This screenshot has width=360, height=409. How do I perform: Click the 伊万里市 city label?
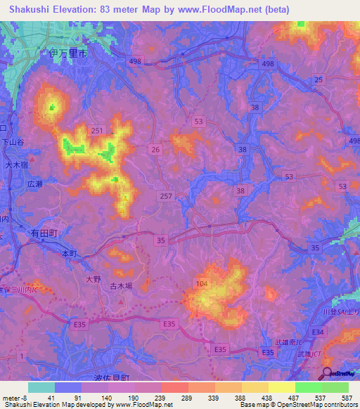pyautogui.click(x=68, y=53)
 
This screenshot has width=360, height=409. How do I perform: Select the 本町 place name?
pyautogui.click(x=68, y=252)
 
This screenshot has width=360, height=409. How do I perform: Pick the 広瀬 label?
pyautogui.click(x=35, y=183)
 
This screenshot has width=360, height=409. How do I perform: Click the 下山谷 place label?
pyautogui.click(x=13, y=141)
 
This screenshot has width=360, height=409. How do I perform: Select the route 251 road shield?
pyautogui.click(x=97, y=131)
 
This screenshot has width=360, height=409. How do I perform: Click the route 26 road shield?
pyautogui.click(x=155, y=149)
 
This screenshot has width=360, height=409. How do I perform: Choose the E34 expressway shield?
pyautogui.click(x=318, y=331)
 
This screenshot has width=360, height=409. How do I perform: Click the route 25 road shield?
pyautogui.click(x=319, y=81)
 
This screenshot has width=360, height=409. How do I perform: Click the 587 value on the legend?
pyautogui.click(x=345, y=398)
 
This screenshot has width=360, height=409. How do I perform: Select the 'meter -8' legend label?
pyautogui.click(x=13, y=398)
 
